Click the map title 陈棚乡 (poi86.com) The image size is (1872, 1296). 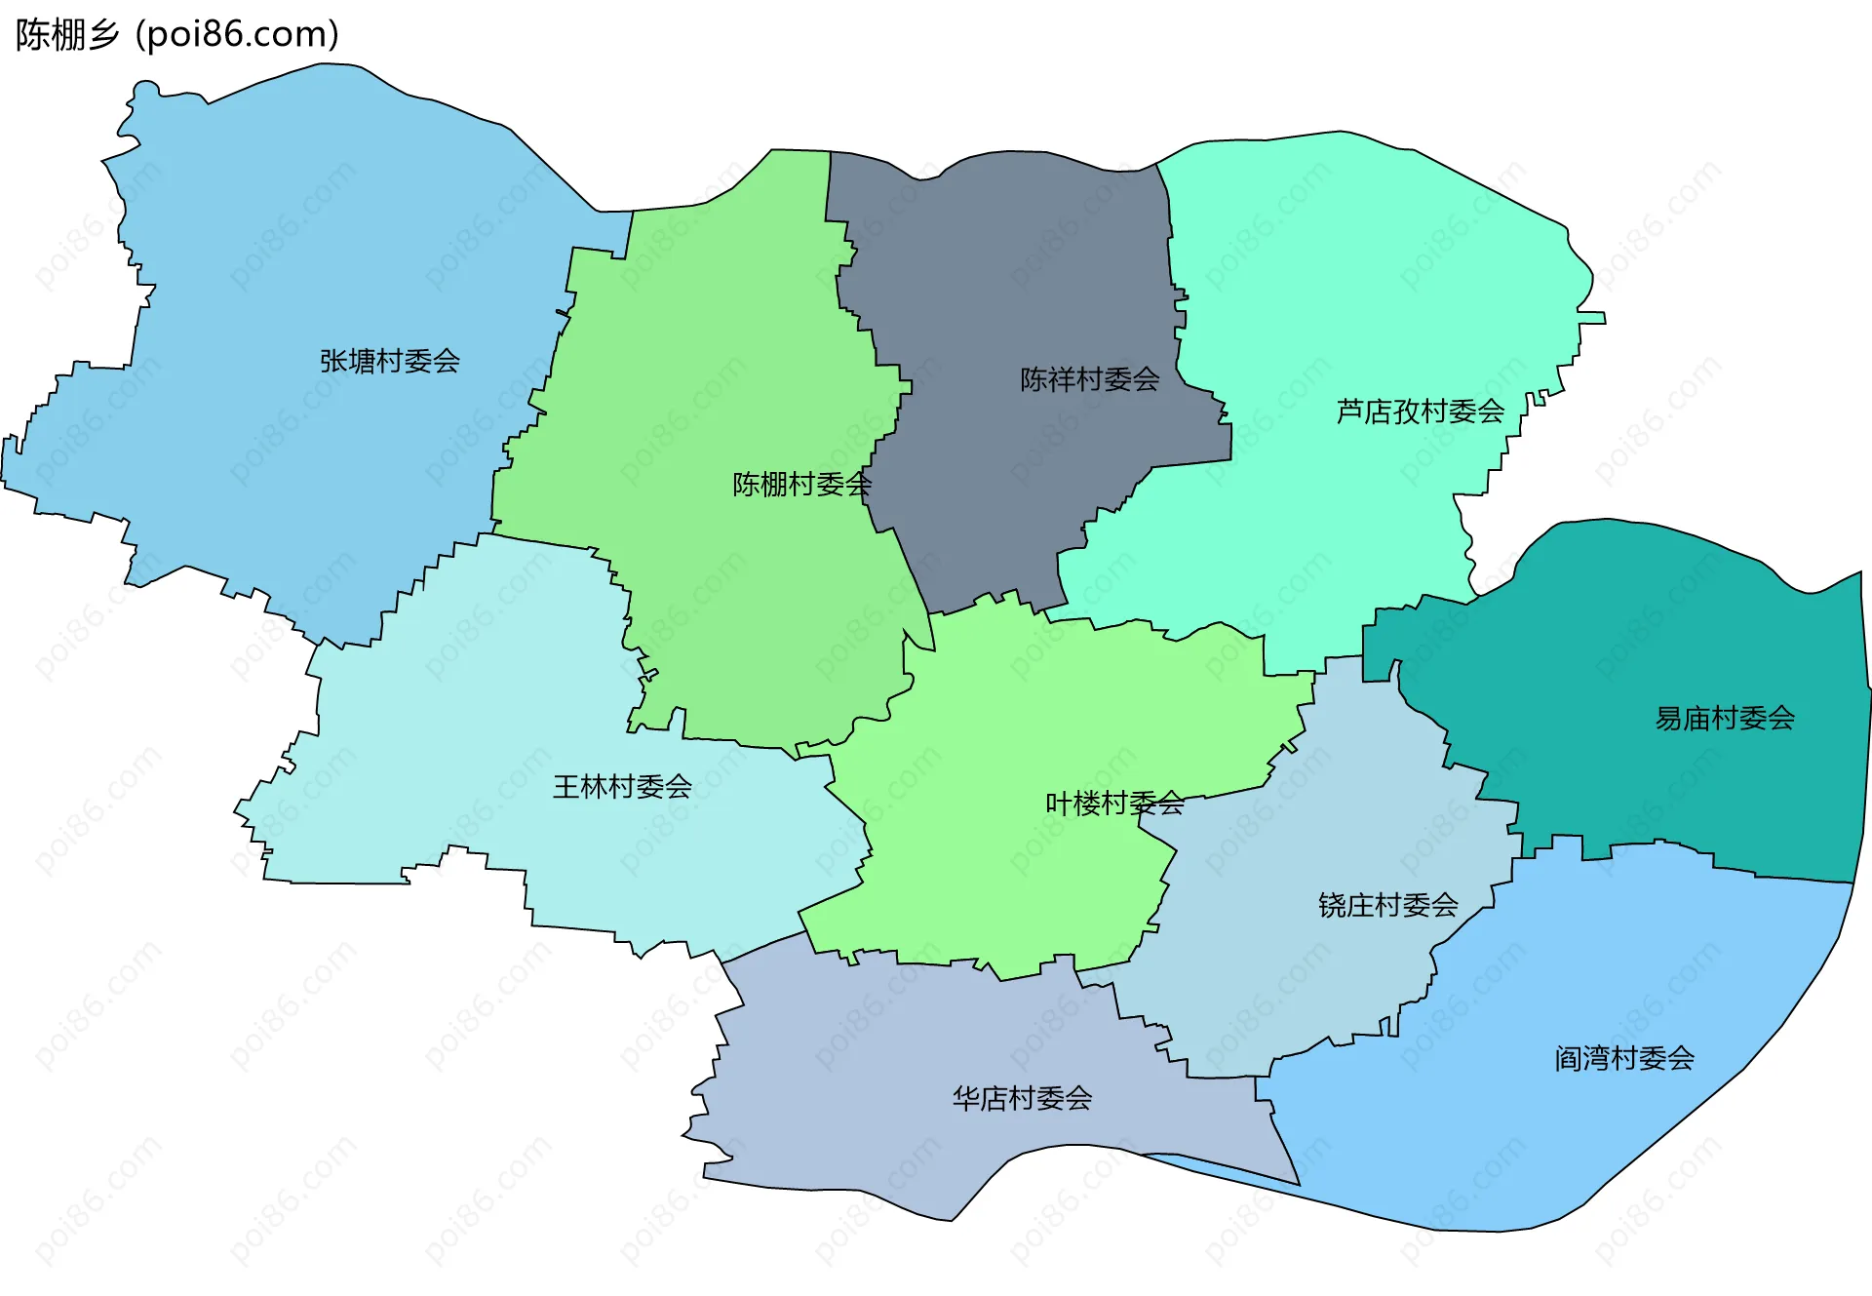pyautogui.click(x=177, y=34)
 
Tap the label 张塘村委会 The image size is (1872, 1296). pyautogui.click(x=389, y=362)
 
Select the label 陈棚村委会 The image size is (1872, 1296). pyautogui.click(x=801, y=485)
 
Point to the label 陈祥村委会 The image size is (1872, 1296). pyautogui.click(x=1089, y=379)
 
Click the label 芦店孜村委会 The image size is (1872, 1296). pyautogui.click(x=1420, y=412)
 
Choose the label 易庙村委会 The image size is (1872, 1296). pyautogui.click(x=1724, y=719)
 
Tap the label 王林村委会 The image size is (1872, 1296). pyautogui.click(x=622, y=787)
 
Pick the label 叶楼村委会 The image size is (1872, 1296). pyautogui.click(x=1114, y=804)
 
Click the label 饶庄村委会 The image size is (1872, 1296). pyautogui.click(x=1387, y=906)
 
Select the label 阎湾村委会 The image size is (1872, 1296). pyautogui.click(x=1623, y=1058)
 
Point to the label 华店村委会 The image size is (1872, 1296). pyautogui.click(x=1022, y=1099)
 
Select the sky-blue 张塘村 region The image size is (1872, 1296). pyautogui.click(x=292, y=244)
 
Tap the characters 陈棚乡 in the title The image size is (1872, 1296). pyautogui.click(x=66, y=34)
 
